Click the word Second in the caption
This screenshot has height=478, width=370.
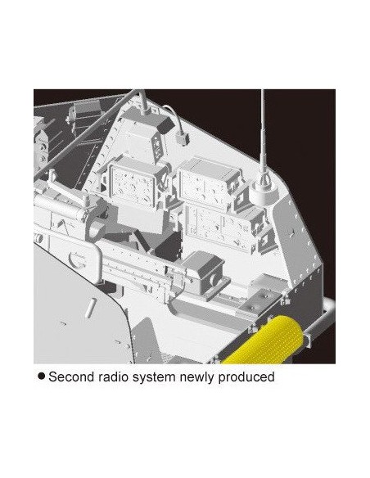tap(71, 377)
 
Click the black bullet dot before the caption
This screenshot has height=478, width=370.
tap(42, 376)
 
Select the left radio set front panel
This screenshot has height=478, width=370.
tap(133, 186)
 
